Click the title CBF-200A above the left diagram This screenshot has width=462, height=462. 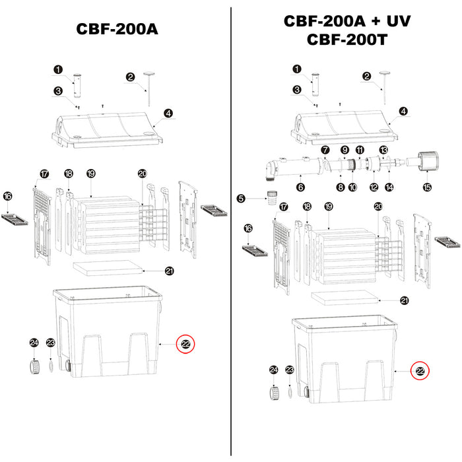(x=115, y=30)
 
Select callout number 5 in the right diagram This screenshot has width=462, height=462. (x=242, y=198)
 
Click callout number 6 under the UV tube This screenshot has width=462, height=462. (x=301, y=187)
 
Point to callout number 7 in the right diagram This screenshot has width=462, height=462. (x=324, y=150)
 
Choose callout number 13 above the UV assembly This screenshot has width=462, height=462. (x=383, y=150)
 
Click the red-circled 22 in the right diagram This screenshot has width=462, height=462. (x=420, y=371)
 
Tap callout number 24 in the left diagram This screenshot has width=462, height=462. (x=34, y=343)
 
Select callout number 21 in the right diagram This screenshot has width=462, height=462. (x=404, y=300)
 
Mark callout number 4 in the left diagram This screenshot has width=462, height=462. (x=168, y=114)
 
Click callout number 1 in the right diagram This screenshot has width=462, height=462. (x=296, y=69)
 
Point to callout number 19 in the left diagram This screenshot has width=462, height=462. (x=91, y=173)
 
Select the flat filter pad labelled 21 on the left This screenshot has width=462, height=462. (x=108, y=268)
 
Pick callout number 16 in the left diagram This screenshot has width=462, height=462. (x=8, y=196)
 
